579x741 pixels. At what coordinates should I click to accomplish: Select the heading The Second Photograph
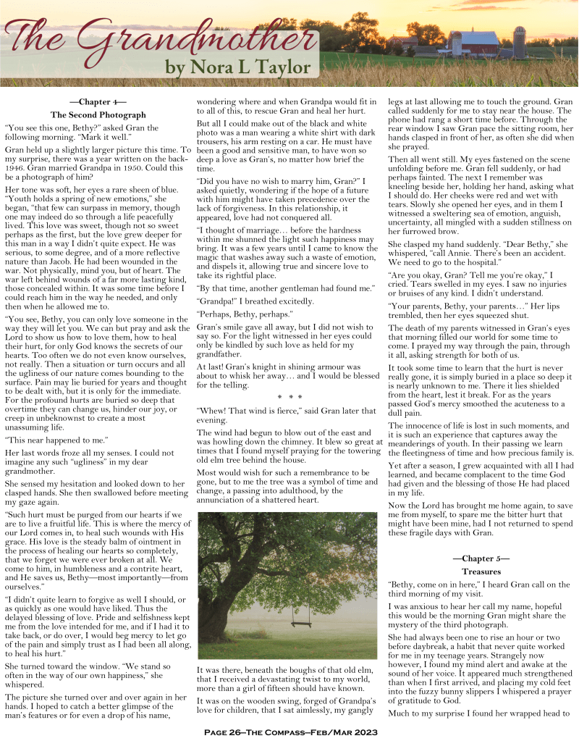pyautogui.click(x=98, y=114)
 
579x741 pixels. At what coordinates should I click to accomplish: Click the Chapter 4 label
pyautogui.click(x=98, y=102)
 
